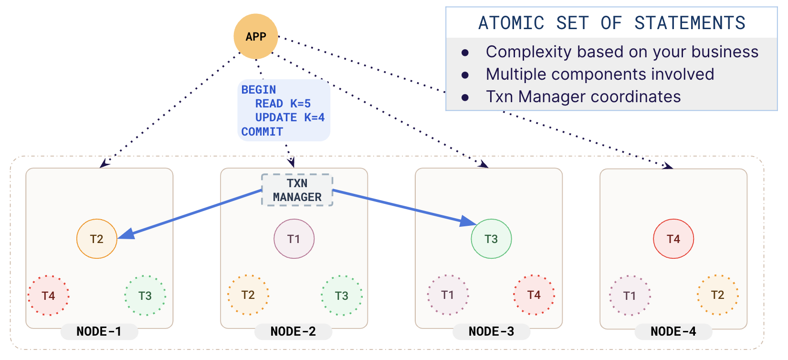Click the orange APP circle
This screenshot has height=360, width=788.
click(255, 36)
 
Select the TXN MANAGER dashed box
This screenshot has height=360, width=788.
click(297, 190)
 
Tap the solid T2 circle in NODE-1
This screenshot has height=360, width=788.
click(97, 239)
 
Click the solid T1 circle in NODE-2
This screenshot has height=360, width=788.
click(294, 239)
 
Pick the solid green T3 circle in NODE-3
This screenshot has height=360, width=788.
click(491, 239)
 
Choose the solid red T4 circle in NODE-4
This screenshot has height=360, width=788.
click(673, 239)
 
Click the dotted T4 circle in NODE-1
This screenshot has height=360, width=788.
click(48, 296)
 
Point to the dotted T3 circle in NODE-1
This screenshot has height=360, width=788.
click(145, 296)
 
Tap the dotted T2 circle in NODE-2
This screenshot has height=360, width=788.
click(248, 295)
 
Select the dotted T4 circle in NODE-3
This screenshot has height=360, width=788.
click(534, 295)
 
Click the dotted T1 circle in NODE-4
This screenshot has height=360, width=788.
click(630, 296)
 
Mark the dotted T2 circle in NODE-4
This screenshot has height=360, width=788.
click(717, 295)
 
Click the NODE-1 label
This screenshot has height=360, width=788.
click(99, 331)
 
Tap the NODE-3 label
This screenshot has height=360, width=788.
click(491, 331)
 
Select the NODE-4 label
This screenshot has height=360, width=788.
click(673, 331)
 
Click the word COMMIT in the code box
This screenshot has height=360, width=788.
click(262, 132)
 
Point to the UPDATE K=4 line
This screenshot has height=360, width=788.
click(290, 117)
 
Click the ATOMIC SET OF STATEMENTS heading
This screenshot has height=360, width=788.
click(611, 23)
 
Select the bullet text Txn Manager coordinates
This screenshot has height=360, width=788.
click(583, 97)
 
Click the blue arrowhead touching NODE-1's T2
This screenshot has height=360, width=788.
click(126, 234)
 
